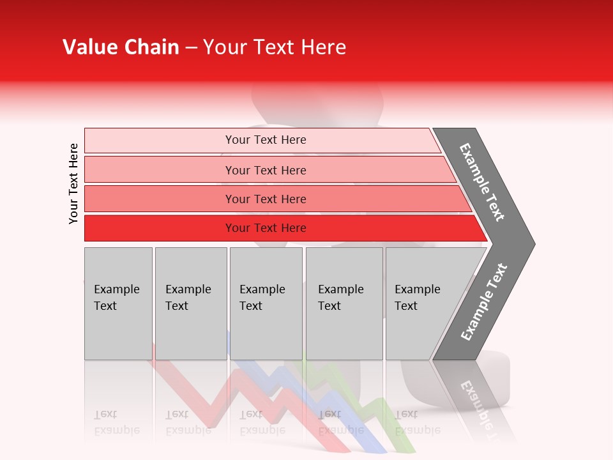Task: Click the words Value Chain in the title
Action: click(121, 47)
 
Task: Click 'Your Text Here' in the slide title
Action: click(275, 47)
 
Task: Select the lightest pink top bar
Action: click(160, 141)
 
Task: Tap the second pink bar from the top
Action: click(160, 170)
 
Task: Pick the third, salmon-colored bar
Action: click(160, 199)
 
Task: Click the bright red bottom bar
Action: click(160, 228)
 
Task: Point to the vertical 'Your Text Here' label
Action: click(73, 183)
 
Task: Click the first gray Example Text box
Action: click(118, 303)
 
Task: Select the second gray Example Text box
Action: click(190, 303)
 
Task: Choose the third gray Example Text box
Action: click(266, 303)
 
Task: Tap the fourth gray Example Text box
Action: click(344, 303)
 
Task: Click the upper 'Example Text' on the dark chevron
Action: click(482, 182)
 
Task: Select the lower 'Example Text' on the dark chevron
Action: click(484, 302)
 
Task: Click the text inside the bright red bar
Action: click(266, 228)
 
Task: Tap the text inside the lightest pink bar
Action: click(266, 140)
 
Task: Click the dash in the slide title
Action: click(191, 48)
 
